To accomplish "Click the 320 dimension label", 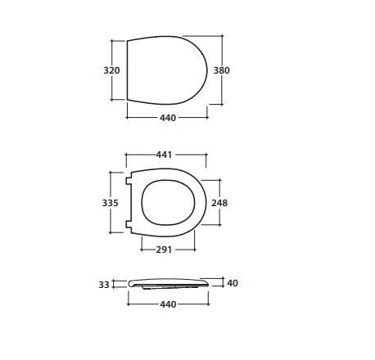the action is point(111,70).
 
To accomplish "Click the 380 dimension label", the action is point(221,70).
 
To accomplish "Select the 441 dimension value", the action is point(164,155).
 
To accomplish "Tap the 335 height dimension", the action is point(110,203).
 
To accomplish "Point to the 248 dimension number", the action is point(219,203).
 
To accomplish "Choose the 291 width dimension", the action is point(164,250).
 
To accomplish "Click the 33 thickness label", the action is point(104,285).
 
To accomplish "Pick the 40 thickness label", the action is point(233,283).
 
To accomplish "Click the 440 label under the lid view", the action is point(168,118).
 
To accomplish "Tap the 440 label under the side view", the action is point(168,304).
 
